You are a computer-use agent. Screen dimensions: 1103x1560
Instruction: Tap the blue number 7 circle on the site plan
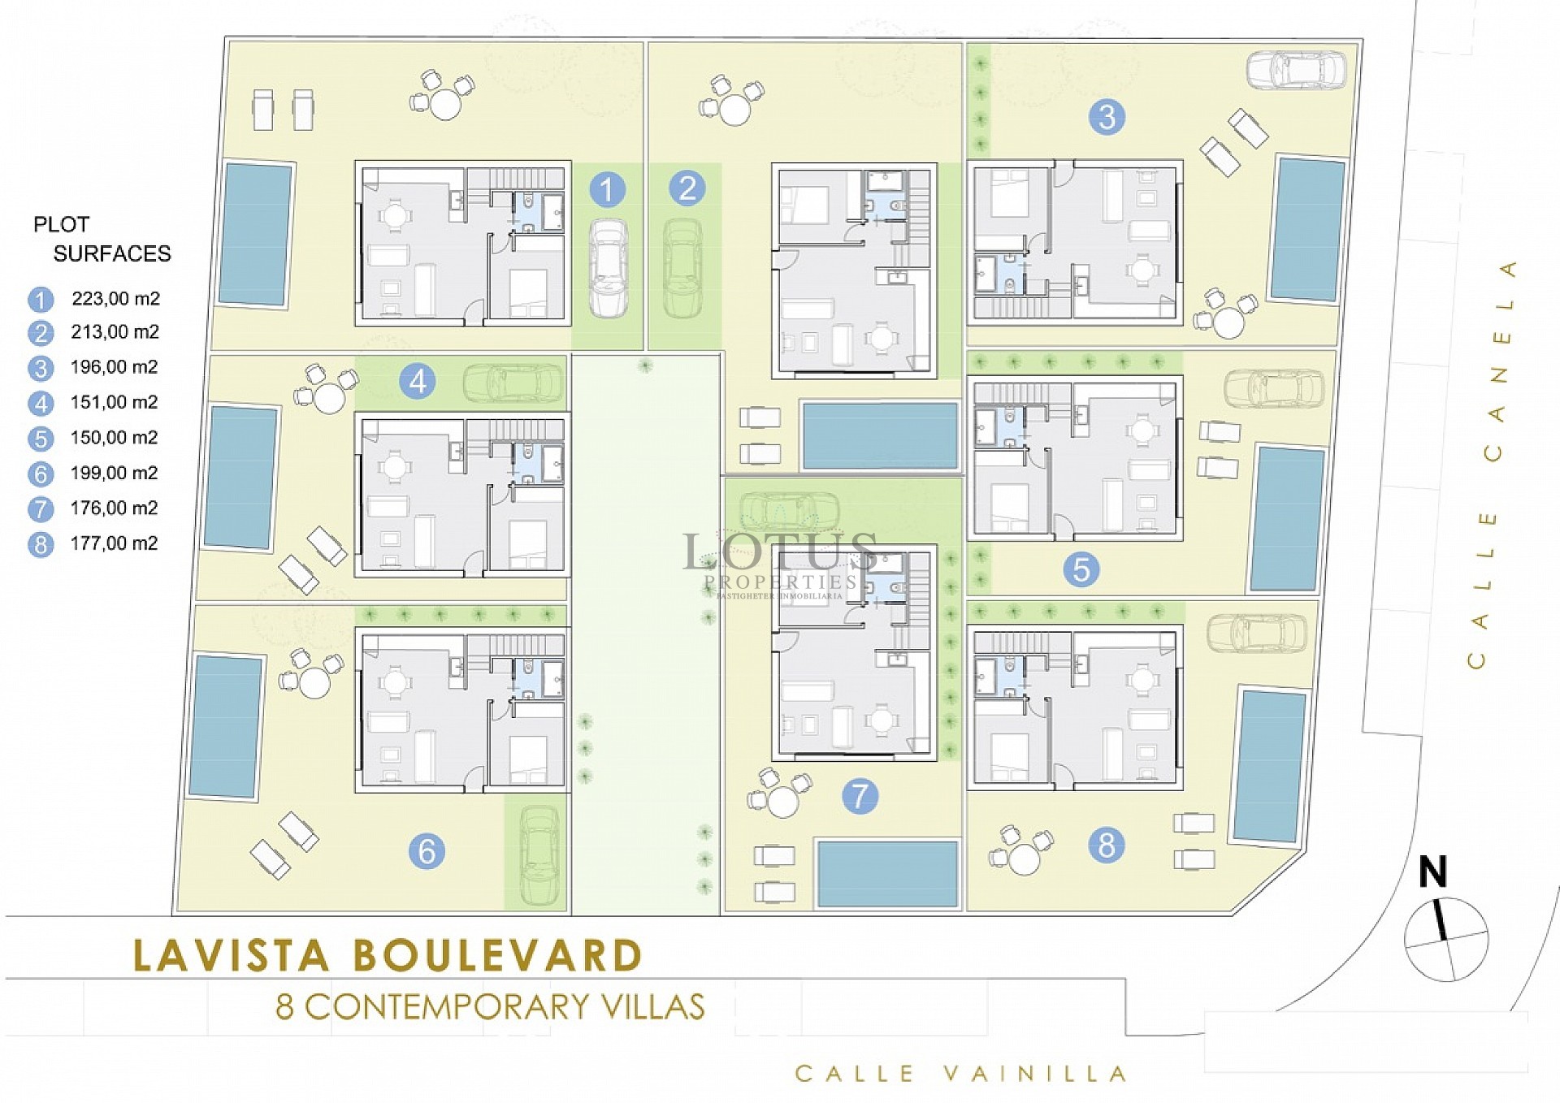pos(860,795)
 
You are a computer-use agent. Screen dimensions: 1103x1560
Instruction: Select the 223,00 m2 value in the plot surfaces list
pos(115,298)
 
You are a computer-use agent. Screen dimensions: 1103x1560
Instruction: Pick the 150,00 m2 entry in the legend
pos(114,438)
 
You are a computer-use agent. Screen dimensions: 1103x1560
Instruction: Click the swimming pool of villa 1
pos(256,234)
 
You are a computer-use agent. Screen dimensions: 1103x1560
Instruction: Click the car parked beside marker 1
pos(608,267)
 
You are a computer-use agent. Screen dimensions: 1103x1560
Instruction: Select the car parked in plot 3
pos(1295,69)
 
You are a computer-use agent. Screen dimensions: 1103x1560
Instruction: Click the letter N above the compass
pos(1432,872)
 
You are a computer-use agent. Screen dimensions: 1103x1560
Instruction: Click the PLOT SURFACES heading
pos(101,239)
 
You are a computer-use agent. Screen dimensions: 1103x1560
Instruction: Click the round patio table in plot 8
pos(1024,859)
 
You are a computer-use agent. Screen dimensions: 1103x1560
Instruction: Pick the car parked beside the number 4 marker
pos(513,382)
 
